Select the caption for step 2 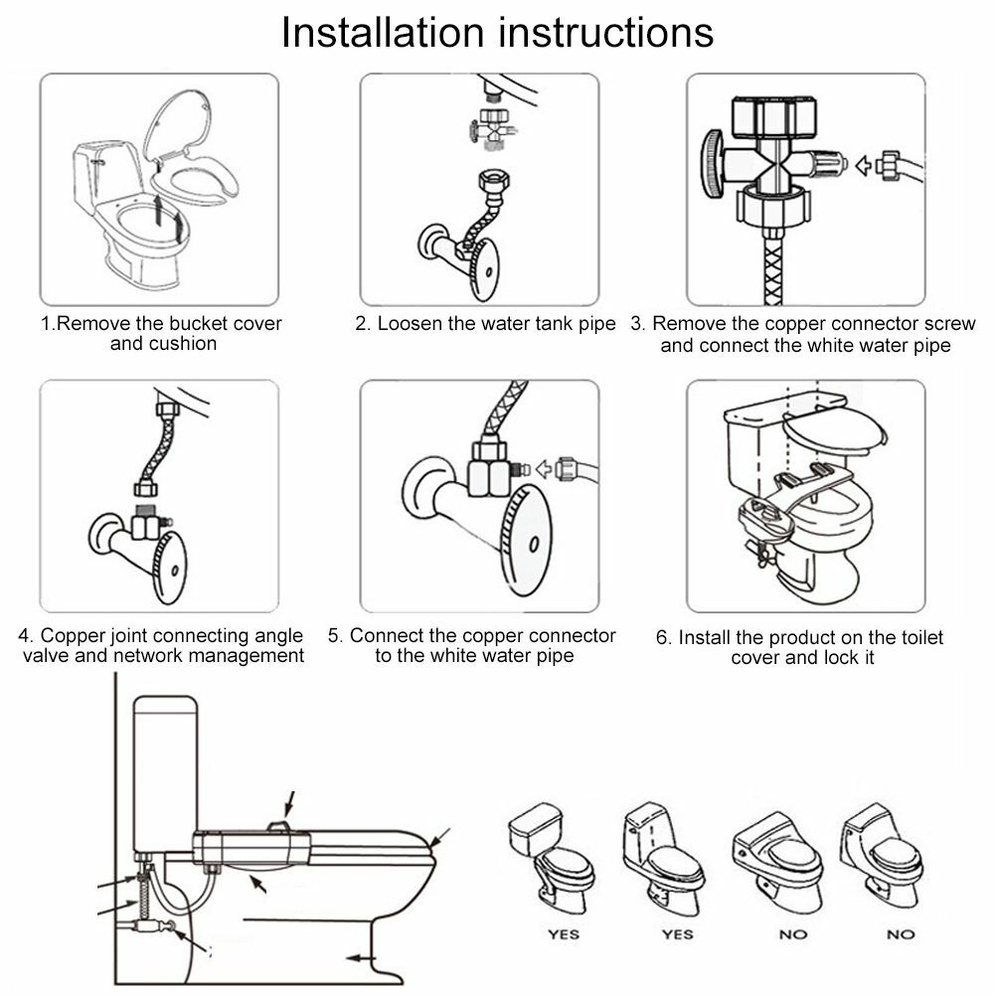click(x=486, y=324)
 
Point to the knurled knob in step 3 click(x=713, y=164)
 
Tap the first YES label click(x=565, y=934)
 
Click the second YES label click(x=677, y=934)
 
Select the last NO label click(x=901, y=934)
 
